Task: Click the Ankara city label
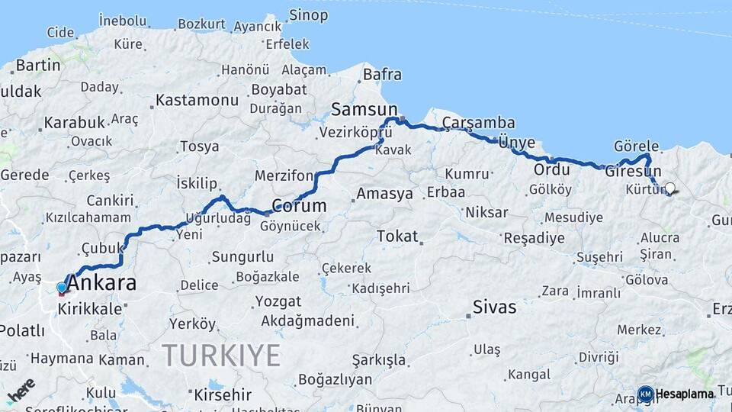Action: coord(102,283)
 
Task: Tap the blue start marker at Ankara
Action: coord(62,288)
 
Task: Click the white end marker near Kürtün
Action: coord(670,188)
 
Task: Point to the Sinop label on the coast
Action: coord(309,14)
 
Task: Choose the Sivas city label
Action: coord(494,307)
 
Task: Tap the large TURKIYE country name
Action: coord(221,355)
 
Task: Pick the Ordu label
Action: coord(551,169)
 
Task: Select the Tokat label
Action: coord(398,237)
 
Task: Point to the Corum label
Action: coord(299,206)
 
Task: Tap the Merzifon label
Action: coord(284,175)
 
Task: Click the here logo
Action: coord(21,389)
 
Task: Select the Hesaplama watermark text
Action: coord(685,394)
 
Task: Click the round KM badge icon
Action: coord(645,394)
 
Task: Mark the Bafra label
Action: coord(382,75)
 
